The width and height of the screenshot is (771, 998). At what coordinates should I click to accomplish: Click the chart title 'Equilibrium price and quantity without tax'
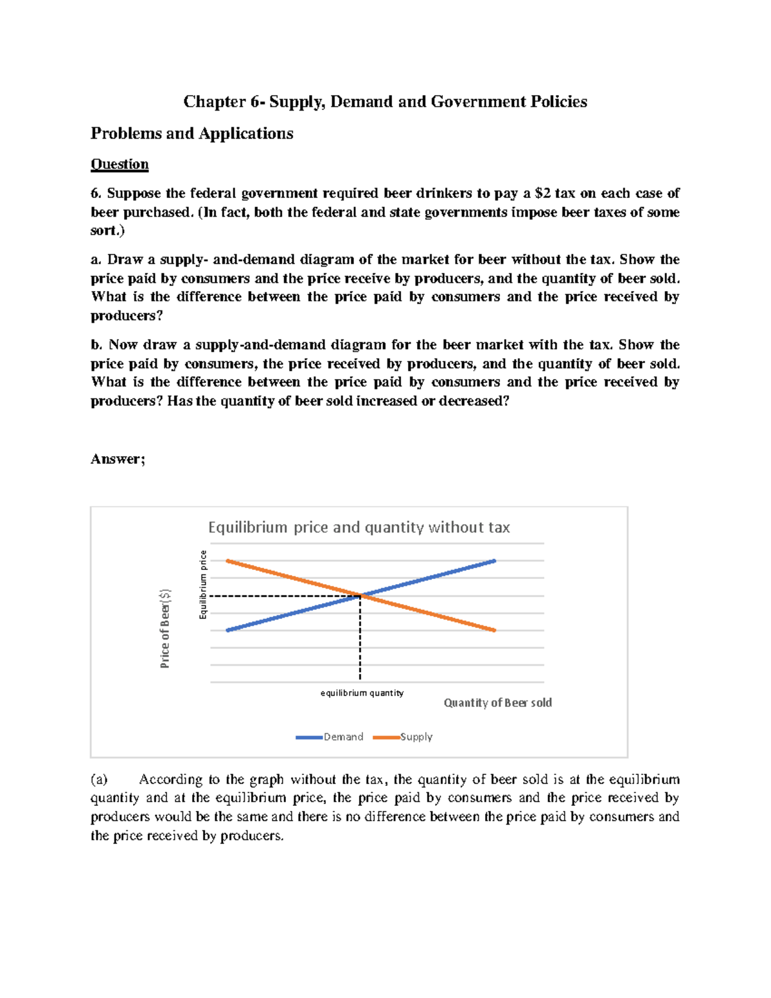(x=359, y=528)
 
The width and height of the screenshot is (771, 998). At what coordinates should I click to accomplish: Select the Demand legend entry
(x=330, y=737)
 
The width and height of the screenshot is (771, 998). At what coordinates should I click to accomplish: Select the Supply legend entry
(x=403, y=737)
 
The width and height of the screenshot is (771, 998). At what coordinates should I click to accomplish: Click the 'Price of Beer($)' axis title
(x=165, y=628)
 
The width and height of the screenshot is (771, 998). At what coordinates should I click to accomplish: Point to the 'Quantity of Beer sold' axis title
(x=497, y=702)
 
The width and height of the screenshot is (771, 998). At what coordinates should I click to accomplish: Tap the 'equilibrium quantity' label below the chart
(x=362, y=693)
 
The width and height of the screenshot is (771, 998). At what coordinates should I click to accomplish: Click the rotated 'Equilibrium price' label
(x=203, y=585)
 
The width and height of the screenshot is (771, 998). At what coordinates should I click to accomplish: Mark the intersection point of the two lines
(x=360, y=596)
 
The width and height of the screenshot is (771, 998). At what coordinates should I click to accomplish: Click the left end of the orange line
(x=227, y=561)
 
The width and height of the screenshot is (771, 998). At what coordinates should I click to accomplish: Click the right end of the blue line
(x=495, y=561)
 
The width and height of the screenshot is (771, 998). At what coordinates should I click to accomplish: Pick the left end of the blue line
(x=227, y=630)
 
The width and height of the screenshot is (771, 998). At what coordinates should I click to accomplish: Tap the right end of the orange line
(x=495, y=630)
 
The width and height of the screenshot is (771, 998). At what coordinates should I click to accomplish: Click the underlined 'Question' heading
(x=120, y=165)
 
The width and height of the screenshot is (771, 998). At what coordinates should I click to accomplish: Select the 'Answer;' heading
(x=118, y=459)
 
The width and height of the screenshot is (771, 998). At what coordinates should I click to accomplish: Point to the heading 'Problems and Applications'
(x=191, y=134)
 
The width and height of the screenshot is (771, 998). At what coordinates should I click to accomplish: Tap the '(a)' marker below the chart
(x=99, y=780)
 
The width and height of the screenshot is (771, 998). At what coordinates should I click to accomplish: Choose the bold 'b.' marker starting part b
(x=96, y=345)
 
